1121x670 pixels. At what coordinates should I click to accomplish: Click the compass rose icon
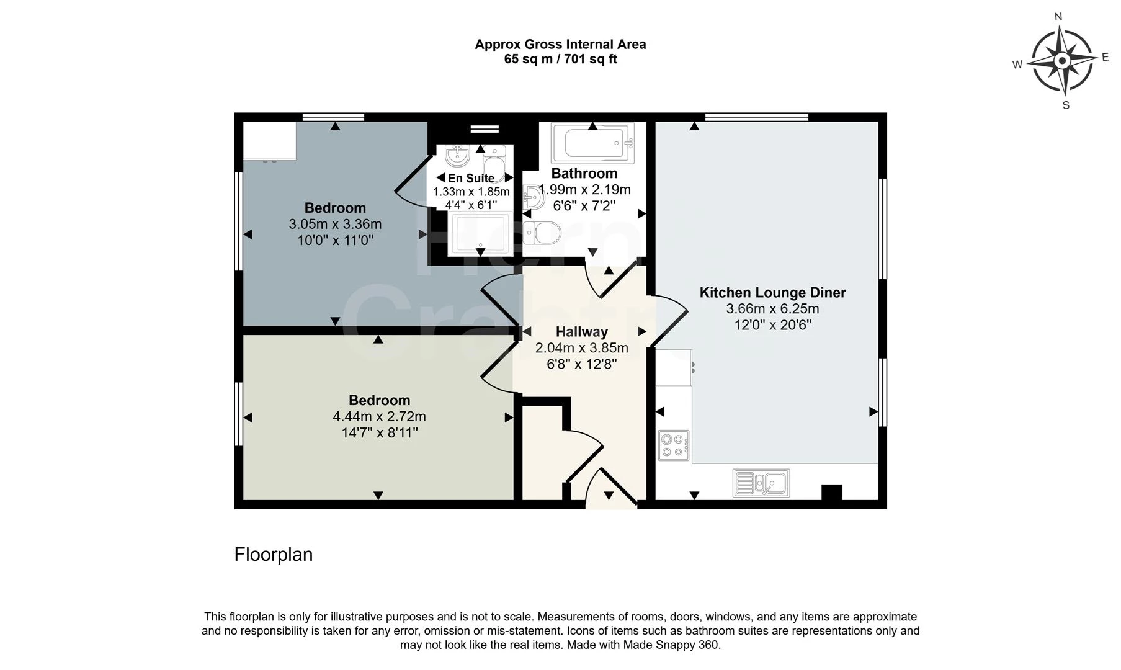click(x=1062, y=61)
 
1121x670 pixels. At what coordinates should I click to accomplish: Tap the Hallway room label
click(x=581, y=332)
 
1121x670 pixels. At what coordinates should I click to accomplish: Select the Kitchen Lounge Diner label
click(x=772, y=293)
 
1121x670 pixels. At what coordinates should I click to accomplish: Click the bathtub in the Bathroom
click(x=593, y=144)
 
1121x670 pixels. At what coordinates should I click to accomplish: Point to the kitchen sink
click(x=761, y=483)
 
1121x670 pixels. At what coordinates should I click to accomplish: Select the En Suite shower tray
click(x=481, y=234)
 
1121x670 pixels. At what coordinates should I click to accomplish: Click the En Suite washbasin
click(x=457, y=155)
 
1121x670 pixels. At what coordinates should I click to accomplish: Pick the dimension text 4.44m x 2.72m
click(x=379, y=417)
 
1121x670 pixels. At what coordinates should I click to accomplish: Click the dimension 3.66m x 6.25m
click(x=772, y=309)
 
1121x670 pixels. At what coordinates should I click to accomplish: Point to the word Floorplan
click(x=274, y=555)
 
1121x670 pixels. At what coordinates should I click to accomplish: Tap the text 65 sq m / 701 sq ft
click(x=560, y=60)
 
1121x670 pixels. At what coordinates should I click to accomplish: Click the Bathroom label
click(x=584, y=174)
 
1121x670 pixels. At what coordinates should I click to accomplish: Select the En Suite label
click(x=471, y=179)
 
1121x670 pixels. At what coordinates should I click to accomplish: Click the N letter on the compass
click(x=1058, y=17)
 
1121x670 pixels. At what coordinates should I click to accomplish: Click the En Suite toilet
click(x=495, y=161)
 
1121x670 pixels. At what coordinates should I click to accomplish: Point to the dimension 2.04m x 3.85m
click(x=581, y=348)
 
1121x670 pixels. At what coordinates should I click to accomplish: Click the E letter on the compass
click(x=1105, y=57)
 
